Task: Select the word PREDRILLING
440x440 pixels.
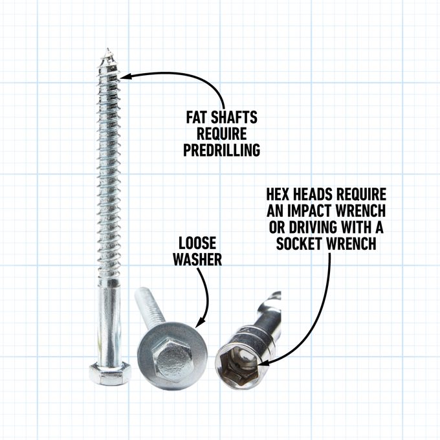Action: click(x=222, y=150)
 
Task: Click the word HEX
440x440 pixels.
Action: click(x=278, y=195)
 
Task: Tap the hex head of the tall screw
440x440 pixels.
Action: click(x=109, y=373)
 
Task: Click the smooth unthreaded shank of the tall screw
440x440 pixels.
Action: click(x=109, y=317)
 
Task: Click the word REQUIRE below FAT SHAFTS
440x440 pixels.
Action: click(x=222, y=134)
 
